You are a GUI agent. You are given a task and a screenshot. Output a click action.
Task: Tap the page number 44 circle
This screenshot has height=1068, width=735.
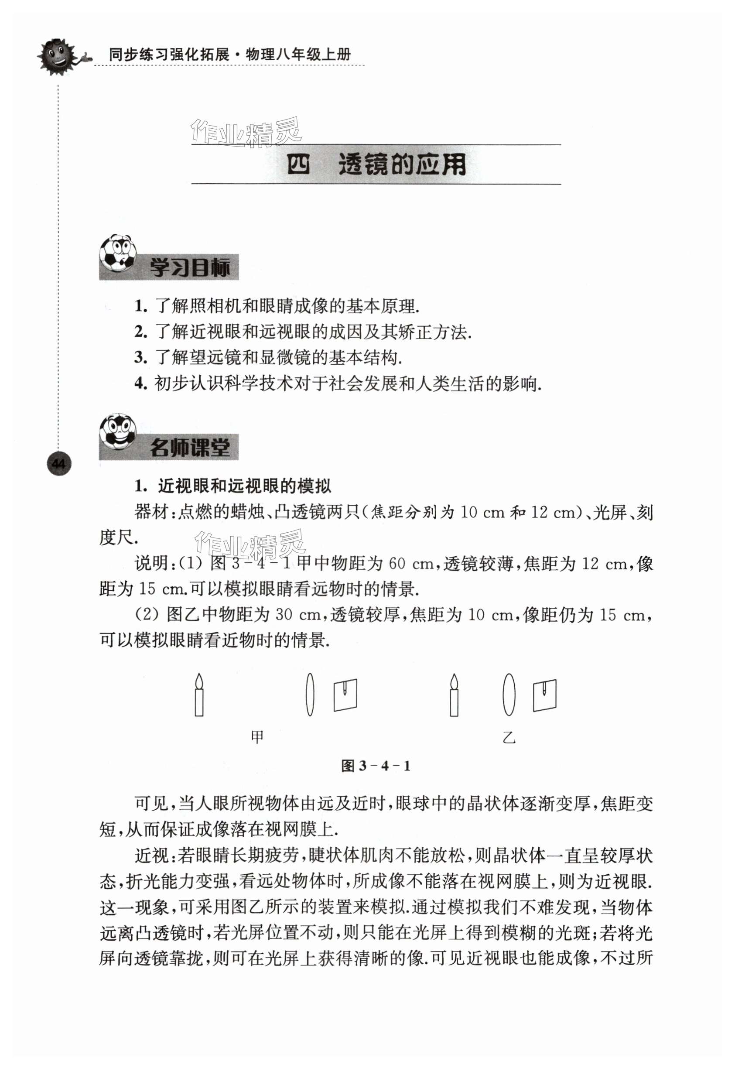59,464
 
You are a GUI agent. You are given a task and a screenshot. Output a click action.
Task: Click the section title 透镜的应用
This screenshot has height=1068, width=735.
402,164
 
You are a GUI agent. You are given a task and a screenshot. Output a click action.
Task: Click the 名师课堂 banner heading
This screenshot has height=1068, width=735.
189,448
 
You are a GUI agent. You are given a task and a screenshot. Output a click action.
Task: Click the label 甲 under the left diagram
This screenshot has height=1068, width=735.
257,737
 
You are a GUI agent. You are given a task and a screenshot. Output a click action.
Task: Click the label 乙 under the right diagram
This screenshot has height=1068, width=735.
509,738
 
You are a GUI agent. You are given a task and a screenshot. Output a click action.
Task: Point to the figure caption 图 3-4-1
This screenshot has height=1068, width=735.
375,766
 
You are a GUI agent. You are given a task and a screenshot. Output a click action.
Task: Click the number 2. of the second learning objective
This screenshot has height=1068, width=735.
140,332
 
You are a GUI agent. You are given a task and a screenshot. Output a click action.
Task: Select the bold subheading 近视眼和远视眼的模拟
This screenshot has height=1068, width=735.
245,486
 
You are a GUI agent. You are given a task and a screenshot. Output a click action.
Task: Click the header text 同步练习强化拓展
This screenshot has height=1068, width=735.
168,55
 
